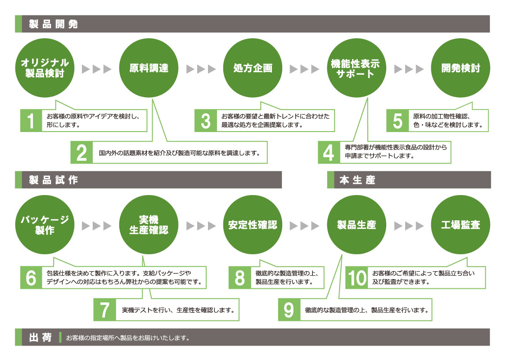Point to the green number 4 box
click(329, 153)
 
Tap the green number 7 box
click(104, 310)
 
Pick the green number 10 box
click(357, 278)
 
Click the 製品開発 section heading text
click(53, 24)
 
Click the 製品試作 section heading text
click(53, 180)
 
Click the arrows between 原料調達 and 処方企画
click(201, 69)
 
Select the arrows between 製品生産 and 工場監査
click(409, 225)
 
